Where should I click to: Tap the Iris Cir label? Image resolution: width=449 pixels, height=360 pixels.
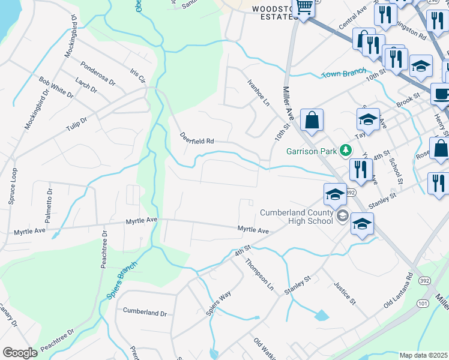tap(138, 76)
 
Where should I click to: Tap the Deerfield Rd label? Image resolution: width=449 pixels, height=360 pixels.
tap(197, 139)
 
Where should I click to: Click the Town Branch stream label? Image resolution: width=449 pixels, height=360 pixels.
tap(343, 73)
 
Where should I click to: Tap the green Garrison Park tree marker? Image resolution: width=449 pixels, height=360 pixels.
tap(345, 150)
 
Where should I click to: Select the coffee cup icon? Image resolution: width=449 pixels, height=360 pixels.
tap(442, 94)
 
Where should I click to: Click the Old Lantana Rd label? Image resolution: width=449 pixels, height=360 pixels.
tap(400, 291)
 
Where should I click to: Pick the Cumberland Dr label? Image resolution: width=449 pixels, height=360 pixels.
tap(145, 312)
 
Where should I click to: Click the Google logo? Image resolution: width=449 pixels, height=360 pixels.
tap(20, 352)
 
